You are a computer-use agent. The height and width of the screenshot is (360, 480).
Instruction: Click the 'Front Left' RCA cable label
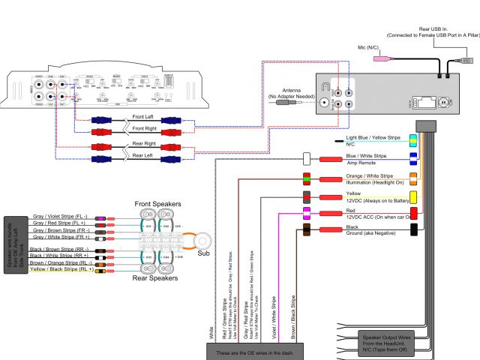(147, 116)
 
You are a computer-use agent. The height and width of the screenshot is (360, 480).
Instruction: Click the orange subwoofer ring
(202, 239)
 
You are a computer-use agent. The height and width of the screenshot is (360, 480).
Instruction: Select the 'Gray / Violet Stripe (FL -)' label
(61, 217)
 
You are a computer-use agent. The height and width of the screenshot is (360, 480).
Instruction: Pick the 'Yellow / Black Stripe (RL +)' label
(61, 269)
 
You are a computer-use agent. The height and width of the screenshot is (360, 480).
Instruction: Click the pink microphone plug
(382, 57)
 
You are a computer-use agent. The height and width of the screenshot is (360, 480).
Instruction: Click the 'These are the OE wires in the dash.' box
(253, 352)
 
